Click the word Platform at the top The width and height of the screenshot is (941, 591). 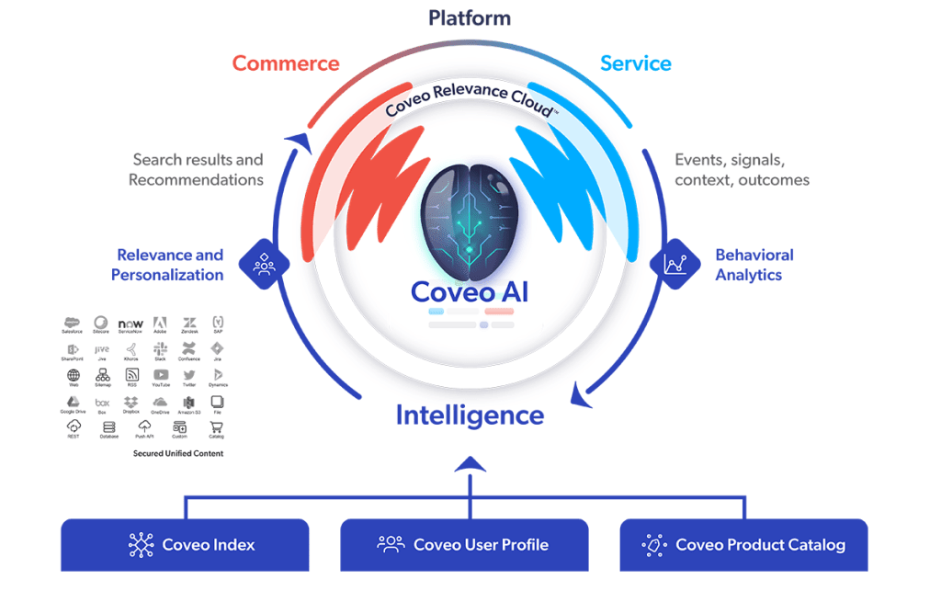[470, 17]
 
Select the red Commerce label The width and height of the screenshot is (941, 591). [286, 63]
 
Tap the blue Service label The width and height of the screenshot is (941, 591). [635, 63]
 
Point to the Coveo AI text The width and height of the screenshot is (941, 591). [470, 291]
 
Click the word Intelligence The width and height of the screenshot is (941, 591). [470, 415]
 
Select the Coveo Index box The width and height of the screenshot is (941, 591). [185, 545]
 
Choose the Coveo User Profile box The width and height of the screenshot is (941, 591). [464, 545]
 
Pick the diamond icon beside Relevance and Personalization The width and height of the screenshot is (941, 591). [265, 265]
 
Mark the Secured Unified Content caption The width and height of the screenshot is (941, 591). [177, 453]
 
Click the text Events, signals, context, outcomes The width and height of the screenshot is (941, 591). [742, 170]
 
